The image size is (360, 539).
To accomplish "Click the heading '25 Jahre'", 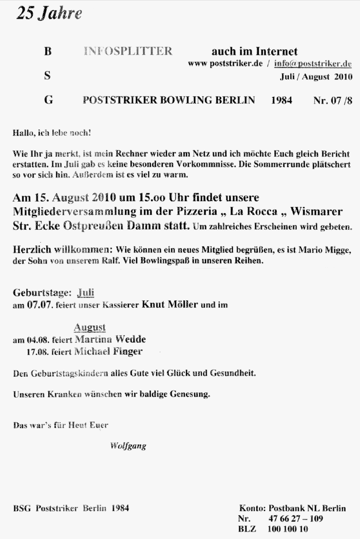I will pyautogui.click(x=49, y=14).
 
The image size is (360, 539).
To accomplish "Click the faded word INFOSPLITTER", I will pyautogui.click(x=128, y=51).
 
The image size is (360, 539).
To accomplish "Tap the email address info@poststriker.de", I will pyautogui.click(x=312, y=64).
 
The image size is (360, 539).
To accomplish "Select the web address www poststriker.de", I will pyautogui.click(x=225, y=64).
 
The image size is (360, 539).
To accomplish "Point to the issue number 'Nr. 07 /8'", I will pyautogui.click(x=333, y=100).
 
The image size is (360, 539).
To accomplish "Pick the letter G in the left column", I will pyautogui.click(x=48, y=100).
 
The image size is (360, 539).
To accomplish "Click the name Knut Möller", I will pyautogui.click(x=170, y=304).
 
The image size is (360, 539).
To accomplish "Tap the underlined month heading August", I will pyautogui.click(x=89, y=327).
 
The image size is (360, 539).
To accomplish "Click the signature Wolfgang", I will pyautogui.click(x=128, y=446).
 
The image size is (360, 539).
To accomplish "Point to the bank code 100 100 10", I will pyautogui.click(x=288, y=529).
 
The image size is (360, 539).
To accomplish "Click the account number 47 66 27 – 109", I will pyautogui.click(x=296, y=519).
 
